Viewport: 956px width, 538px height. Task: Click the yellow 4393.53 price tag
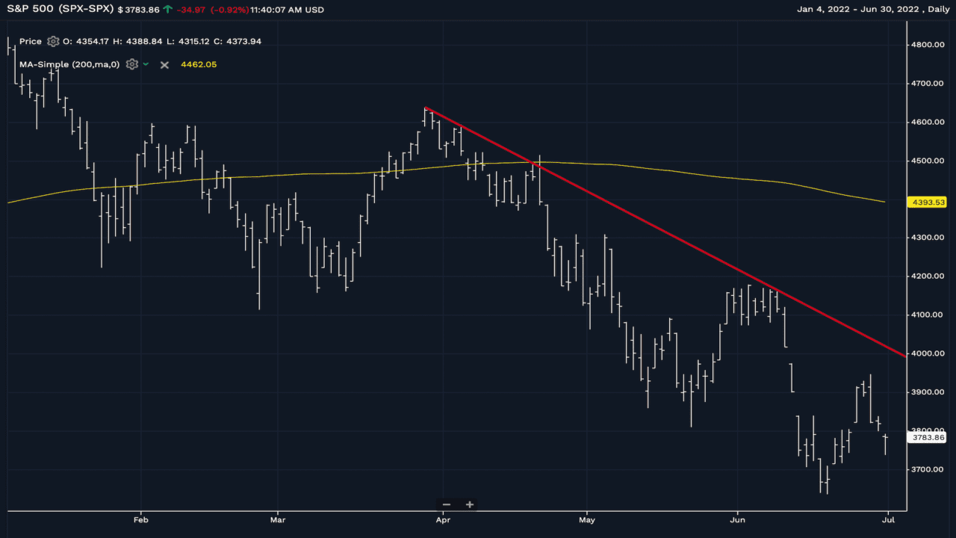coord(928,202)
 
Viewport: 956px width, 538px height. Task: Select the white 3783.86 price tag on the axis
coord(928,438)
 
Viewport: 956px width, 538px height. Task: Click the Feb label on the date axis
coord(140,519)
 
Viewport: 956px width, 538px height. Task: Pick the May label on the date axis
coord(587,519)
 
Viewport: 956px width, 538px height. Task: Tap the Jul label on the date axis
coord(887,519)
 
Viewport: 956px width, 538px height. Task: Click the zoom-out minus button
coord(447,504)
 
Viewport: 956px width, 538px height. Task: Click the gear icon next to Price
coord(53,42)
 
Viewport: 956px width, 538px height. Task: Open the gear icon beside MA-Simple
coord(132,64)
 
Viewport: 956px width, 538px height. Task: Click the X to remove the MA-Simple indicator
coord(164,65)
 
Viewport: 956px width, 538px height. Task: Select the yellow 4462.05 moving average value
coord(199,65)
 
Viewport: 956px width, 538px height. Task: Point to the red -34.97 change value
coord(191,10)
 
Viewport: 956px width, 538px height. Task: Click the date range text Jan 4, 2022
coord(824,10)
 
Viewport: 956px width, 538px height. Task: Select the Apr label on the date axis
coord(443,519)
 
